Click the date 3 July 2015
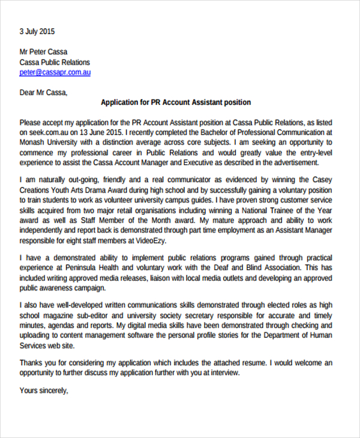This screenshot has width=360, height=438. click(x=37, y=31)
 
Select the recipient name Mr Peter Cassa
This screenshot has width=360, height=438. click(x=43, y=52)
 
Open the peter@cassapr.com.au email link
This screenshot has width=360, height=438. click(x=55, y=72)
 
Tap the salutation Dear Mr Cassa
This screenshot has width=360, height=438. click(x=44, y=92)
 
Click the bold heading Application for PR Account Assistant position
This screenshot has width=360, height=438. click(x=176, y=103)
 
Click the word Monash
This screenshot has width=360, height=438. click(x=34, y=142)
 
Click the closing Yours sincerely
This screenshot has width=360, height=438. click(x=44, y=390)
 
